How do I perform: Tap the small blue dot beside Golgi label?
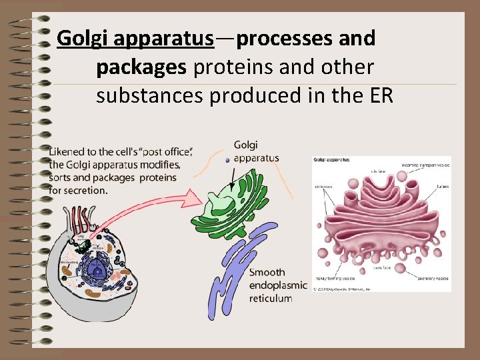pos(227,160)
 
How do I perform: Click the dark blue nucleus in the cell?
pos(99,270)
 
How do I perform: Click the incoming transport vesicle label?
pos(426,165)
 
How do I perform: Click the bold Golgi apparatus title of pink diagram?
pos(331,160)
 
